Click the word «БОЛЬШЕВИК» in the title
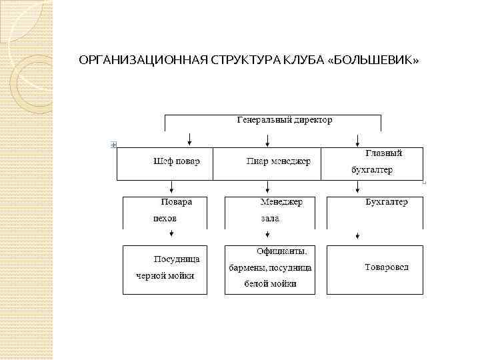click(375, 61)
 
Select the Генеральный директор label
click(285, 120)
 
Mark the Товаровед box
click(374, 269)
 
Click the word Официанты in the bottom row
click(281, 251)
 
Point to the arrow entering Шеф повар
click(190, 139)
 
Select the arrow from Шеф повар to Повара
click(172, 187)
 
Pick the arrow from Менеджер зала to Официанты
click(268, 233)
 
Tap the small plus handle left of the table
click(114, 145)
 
